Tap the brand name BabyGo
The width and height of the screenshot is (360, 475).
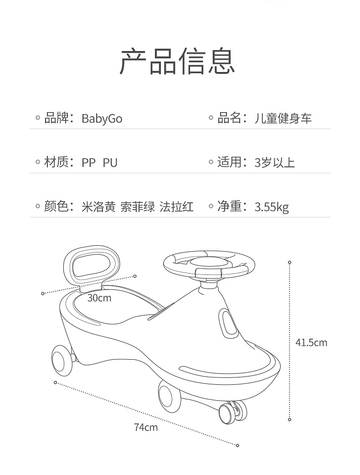[x=102, y=119]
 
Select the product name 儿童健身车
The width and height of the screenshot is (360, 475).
[x=283, y=119]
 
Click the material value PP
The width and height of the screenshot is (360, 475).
[x=89, y=163]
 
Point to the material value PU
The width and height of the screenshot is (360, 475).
[x=110, y=163]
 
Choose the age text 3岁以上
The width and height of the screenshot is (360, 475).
[x=275, y=163]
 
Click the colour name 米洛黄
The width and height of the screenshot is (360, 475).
[x=98, y=207]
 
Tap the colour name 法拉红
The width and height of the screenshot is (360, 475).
[x=176, y=207]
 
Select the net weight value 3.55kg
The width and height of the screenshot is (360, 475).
[x=272, y=207]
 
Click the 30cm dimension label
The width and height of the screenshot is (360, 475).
[x=99, y=298]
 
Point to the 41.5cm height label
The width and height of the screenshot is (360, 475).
[x=311, y=342]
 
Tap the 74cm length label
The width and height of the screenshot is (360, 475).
[x=146, y=427]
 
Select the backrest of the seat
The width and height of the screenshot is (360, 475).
[x=92, y=264]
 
